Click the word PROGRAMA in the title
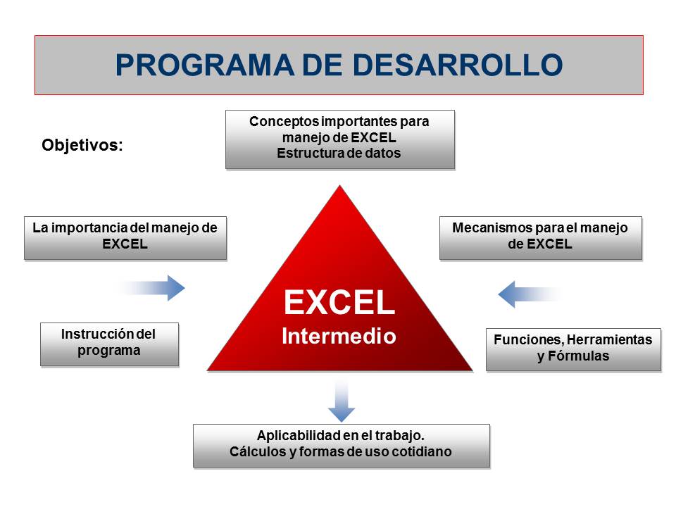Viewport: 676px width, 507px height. pyautogui.click(x=204, y=65)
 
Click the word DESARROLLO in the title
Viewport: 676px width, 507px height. pyautogui.click(x=458, y=65)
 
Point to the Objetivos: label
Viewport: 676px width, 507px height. pyautogui.click(x=82, y=145)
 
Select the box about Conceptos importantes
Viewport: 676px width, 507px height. pyautogui.click(x=339, y=139)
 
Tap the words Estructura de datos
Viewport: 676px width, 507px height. pyautogui.click(x=339, y=153)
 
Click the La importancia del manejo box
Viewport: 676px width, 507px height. pyautogui.click(x=125, y=238)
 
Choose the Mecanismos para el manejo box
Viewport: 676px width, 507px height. pyautogui.click(x=541, y=238)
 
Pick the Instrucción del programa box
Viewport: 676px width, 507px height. pyautogui.click(x=110, y=344)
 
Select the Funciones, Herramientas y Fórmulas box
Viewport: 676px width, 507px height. pyautogui.click(x=573, y=350)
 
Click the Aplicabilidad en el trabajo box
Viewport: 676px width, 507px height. pyautogui.click(x=342, y=446)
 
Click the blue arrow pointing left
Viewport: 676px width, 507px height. pyautogui.click(x=530, y=294)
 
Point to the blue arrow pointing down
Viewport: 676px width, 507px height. pyautogui.click(x=342, y=401)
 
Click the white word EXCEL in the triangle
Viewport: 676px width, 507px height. pyautogui.click(x=339, y=302)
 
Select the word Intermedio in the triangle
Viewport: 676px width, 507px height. pyautogui.click(x=339, y=336)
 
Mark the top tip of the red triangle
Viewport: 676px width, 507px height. pyautogui.click(x=339, y=186)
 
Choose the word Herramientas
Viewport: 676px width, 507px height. pyautogui.click(x=609, y=339)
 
